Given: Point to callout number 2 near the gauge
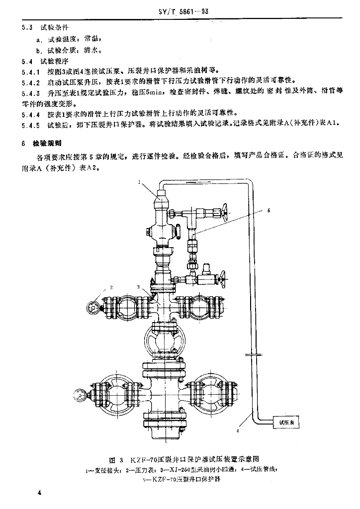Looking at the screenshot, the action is pyautogui.click(x=112, y=287).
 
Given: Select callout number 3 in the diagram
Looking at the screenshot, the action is pyautogui.click(x=139, y=287).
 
